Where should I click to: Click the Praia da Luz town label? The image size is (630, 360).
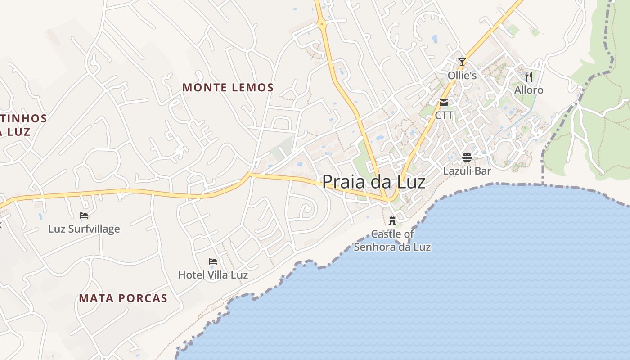(x=373, y=182)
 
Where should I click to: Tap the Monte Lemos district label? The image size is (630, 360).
(x=228, y=87)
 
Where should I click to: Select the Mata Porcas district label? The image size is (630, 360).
(x=123, y=298)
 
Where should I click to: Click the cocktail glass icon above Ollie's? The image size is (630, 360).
(x=462, y=62)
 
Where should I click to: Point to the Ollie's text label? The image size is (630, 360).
(x=462, y=75)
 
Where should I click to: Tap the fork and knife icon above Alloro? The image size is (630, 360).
(x=529, y=77)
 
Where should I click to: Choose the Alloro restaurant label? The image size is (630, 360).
(x=529, y=90)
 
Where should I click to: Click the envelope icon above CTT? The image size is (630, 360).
(x=444, y=103)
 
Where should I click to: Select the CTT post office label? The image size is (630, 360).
(x=444, y=116)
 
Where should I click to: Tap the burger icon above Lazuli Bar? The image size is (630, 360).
(x=467, y=157)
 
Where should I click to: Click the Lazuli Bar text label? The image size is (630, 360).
(x=467, y=171)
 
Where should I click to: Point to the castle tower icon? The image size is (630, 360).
(x=392, y=220)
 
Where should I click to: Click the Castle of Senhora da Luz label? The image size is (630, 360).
(x=392, y=240)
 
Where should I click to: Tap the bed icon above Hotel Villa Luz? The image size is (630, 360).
(x=213, y=261)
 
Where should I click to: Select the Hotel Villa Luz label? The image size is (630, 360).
(x=213, y=274)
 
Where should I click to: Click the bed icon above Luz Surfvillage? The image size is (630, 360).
(x=84, y=216)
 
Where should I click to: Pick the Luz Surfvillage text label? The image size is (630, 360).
(x=84, y=229)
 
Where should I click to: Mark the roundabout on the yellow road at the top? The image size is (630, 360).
(x=322, y=24)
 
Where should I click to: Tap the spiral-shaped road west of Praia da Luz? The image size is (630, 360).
(x=306, y=209)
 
